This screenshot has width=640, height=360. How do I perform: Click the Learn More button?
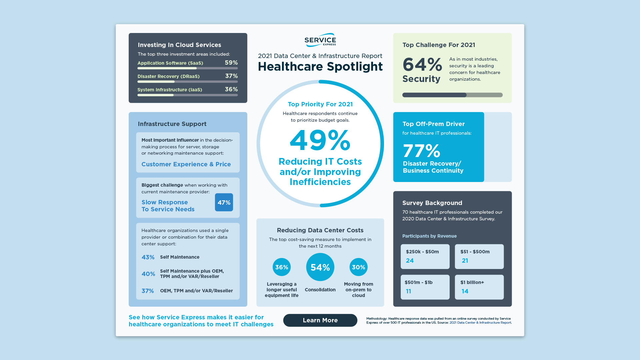click(x=320, y=320)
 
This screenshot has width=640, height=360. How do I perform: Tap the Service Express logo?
click(x=320, y=40)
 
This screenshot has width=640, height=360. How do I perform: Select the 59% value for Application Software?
click(x=231, y=63)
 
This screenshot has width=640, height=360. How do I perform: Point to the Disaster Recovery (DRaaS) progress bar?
click(x=187, y=82)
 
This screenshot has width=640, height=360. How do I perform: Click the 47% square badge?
click(x=224, y=202)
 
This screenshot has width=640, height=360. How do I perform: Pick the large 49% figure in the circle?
click(x=320, y=141)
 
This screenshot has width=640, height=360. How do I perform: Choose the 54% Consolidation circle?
click(x=320, y=267)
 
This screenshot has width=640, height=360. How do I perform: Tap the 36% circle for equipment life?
click(x=282, y=267)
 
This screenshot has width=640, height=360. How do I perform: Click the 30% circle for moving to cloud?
click(x=358, y=267)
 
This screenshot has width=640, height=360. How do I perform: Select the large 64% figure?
click(x=422, y=64)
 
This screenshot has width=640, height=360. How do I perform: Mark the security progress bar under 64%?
click(x=452, y=95)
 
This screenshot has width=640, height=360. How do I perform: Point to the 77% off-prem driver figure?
click(x=421, y=151)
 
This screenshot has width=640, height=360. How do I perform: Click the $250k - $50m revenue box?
click(x=425, y=256)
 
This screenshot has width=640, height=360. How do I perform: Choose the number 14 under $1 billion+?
click(x=465, y=291)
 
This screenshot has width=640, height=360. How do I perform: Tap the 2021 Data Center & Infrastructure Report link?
click(x=480, y=323)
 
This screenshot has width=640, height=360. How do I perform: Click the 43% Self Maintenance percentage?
click(x=148, y=257)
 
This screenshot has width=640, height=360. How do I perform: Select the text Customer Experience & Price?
click(x=186, y=164)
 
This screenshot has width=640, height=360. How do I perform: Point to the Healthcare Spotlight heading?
click(x=320, y=67)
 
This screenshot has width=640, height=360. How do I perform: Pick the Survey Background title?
click(x=432, y=203)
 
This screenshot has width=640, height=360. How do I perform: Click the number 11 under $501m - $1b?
click(x=408, y=291)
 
